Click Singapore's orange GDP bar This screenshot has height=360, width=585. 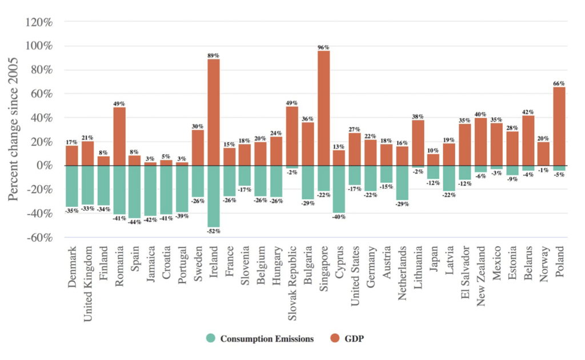pyautogui.click(x=323, y=109)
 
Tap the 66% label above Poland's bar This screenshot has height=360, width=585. pyautogui.click(x=559, y=83)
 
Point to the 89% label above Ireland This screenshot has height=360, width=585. pyautogui.click(x=214, y=55)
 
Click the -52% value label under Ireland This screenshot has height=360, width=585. pyautogui.click(x=214, y=231)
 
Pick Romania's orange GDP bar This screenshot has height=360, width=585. pyautogui.click(x=119, y=137)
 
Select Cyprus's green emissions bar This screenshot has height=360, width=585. pyautogui.click(x=339, y=189)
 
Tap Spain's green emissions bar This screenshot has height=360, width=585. pyautogui.click(x=135, y=192)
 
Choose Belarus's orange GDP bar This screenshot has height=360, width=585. pyautogui.click(x=527, y=141)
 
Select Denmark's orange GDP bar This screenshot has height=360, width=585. pyautogui.click(x=72, y=155)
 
